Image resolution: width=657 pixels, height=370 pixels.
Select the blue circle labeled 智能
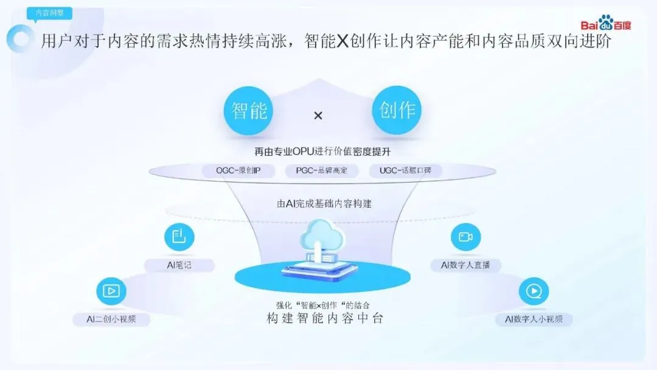click(x=249, y=111)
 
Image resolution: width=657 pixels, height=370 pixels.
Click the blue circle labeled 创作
click(x=397, y=111)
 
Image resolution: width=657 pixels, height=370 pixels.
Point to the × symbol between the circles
click(x=318, y=115)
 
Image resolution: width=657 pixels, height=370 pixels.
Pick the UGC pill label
click(x=405, y=171)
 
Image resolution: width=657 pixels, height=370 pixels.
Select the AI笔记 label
click(x=179, y=265)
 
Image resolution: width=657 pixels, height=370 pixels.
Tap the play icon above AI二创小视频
click(x=111, y=291)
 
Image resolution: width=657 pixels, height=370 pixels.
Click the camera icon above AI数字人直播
click(x=465, y=237)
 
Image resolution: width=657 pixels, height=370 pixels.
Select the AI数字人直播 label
click(x=465, y=265)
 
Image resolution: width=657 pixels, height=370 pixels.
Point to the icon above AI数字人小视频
click(x=534, y=291)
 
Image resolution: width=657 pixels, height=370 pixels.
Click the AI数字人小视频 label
click(x=534, y=319)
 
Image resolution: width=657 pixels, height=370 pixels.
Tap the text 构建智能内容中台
click(x=325, y=318)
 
